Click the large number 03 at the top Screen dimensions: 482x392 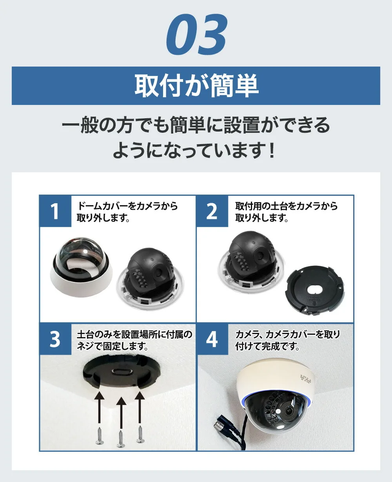[197, 35]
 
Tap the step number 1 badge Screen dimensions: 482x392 [55, 211]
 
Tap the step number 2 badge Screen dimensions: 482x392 [212, 211]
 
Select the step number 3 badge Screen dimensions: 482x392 [55, 339]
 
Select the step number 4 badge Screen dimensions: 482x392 [212, 339]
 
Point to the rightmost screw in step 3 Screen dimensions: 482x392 [140, 435]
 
